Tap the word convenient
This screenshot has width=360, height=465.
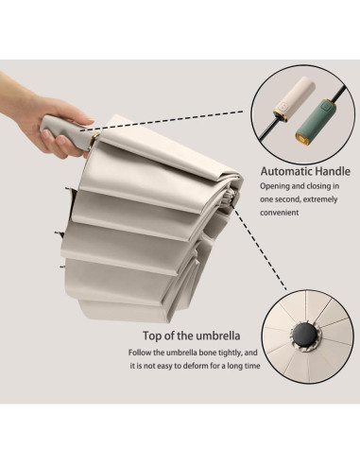pos(280,213)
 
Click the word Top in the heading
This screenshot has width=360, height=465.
pos(153,336)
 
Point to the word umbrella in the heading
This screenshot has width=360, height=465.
pos(218,336)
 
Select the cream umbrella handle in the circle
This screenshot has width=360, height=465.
pos(295,97)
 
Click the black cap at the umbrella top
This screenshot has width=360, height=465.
pos(303,335)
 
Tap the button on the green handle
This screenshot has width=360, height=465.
pos(325,107)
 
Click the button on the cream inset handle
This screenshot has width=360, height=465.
pos(283,107)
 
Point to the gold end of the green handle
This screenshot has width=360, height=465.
pos(302,137)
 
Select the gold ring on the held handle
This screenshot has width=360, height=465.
pos(94,142)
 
